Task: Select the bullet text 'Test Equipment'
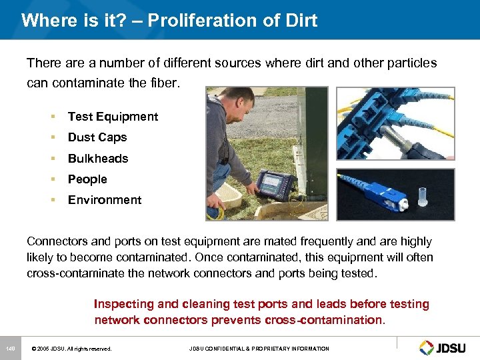tap(113, 117)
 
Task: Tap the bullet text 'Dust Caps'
tap(97, 137)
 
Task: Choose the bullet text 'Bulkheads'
tap(98, 159)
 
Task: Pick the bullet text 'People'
tap(87, 179)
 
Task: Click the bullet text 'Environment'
tap(105, 200)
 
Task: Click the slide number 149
tap(11, 349)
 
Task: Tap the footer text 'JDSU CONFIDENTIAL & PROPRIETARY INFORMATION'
tap(259, 349)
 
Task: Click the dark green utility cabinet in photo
tap(310, 147)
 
